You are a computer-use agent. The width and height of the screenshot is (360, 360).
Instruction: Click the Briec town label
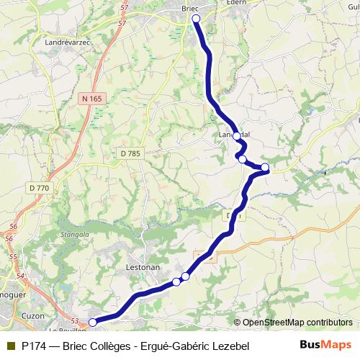(x=190, y=8)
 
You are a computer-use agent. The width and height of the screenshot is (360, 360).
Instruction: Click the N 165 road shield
(x=92, y=98)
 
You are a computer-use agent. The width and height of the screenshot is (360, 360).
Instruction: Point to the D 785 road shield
(x=131, y=153)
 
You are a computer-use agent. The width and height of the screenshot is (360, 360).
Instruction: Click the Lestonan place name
(x=143, y=266)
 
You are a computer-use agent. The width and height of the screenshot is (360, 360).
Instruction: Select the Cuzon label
(x=34, y=315)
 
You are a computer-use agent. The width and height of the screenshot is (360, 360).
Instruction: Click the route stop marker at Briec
(x=196, y=19)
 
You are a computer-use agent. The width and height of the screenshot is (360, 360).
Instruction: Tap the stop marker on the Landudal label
(x=236, y=135)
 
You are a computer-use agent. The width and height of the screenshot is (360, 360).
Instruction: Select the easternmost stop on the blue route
(x=265, y=168)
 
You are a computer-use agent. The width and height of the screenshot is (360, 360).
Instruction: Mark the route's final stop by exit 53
(x=92, y=323)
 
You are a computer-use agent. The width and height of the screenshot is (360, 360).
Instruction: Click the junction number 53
(x=74, y=321)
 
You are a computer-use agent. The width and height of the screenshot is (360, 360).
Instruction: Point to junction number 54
(x=19, y=276)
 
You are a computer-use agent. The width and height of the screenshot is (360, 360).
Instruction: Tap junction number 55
(x=13, y=256)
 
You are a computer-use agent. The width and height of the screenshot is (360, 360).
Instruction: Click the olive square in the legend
(x=10, y=346)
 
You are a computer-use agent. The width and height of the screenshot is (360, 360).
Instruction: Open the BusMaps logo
(x=325, y=346)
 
